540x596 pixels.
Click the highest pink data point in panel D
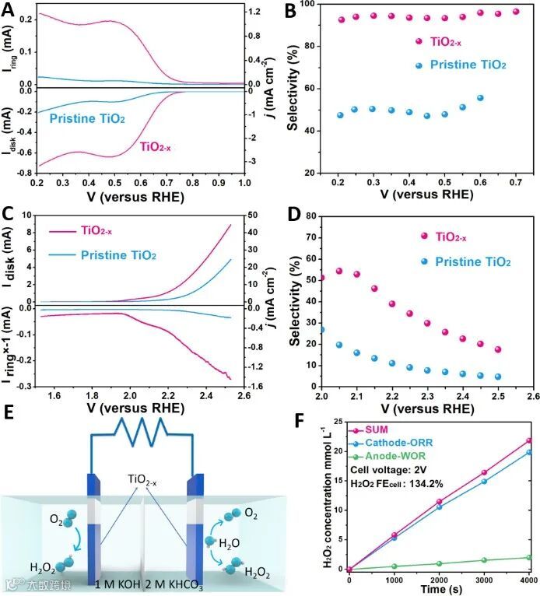[339, 272]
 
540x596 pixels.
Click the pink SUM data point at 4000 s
[528, 440]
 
